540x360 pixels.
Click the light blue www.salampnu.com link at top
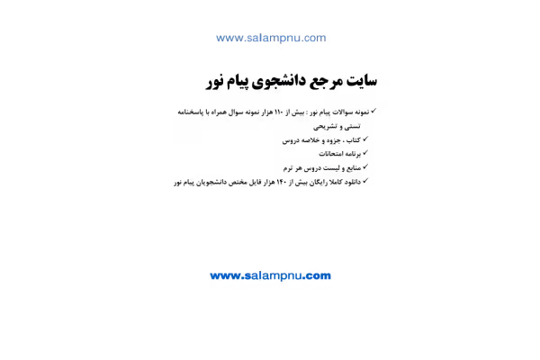click(x=271, y=38)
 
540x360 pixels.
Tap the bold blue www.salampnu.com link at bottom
click(x=270, y=275)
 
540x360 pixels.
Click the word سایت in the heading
click(x=362, y=81)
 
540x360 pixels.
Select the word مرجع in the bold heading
click(x=326, y=82)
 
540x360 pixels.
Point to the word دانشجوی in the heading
click(x=279, y=82)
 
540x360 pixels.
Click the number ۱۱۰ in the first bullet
click(x=279, y=112)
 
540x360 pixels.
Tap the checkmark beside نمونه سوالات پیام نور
click(x=373, y=111)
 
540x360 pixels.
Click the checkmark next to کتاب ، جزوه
click(x=365, y=139)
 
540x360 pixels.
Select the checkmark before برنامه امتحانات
click(x=365, y=153)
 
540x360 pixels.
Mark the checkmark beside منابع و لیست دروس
click(x=365, y=166)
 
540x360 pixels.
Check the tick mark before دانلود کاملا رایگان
click(x=365, y=181)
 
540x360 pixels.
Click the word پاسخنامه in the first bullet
click(x=189, y=112)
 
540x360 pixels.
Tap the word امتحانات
click(x=330, y=154)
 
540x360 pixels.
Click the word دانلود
click(x=352, y=182)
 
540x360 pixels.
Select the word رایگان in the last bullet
click(x=318, y=182)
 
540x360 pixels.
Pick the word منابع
click(x=352, y=168)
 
